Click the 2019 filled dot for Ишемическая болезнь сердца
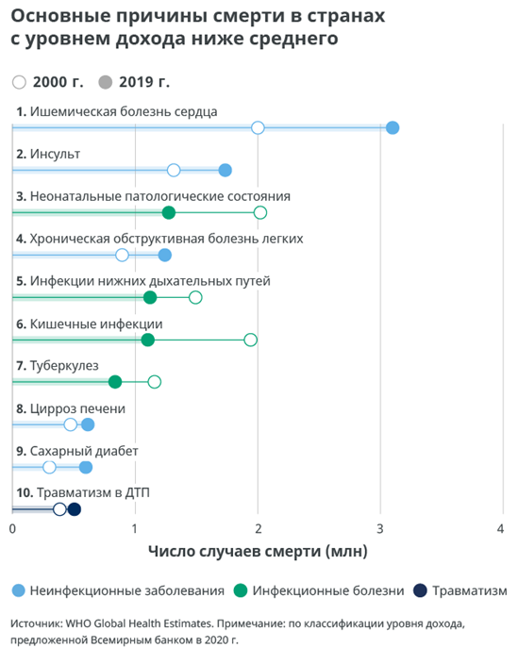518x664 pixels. [x=393, y=127]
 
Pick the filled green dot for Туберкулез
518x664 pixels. [x=115, y=382]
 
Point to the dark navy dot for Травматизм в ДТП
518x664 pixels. [x=75, y=509]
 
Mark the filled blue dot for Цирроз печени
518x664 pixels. [x=88, y=424]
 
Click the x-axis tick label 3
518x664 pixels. [x=380, y=528]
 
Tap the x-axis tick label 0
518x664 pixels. [x=12, y=528]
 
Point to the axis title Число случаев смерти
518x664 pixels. [x=235, y=551]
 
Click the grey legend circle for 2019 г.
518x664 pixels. [x=106, y=82]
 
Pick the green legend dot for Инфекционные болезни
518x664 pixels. [x=241, y=590]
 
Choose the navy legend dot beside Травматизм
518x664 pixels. [x=420, y=590]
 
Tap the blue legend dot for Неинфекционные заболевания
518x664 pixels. [x=18, y=590]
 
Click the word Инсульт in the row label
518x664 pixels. [x=55, y=154]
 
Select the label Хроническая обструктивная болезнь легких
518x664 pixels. [x=166, y=239]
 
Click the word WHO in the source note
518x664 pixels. [x=78, y=623]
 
